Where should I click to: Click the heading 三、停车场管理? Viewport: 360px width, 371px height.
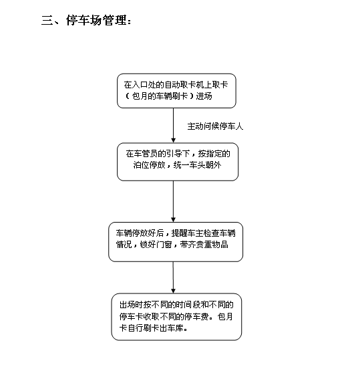86,20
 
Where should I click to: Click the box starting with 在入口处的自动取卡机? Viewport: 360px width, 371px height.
176,91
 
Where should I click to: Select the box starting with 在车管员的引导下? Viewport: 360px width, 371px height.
178,162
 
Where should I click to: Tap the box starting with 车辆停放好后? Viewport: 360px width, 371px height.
176,242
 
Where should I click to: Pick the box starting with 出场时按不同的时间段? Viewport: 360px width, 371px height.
176,317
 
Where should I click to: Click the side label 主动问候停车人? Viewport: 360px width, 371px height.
215,126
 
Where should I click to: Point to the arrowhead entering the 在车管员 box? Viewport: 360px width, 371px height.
173,140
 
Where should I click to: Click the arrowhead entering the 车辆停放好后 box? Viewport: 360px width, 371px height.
173,219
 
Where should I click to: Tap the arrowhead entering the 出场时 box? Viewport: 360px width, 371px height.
173,291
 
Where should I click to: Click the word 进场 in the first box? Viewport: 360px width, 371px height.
204,96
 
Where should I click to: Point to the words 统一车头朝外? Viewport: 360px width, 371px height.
198,165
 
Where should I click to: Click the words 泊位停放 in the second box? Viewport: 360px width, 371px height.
149,165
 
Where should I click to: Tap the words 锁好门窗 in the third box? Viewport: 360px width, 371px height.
156,244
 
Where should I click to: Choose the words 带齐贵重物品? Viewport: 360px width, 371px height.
204,244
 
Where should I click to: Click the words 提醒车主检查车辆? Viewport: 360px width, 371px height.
204,233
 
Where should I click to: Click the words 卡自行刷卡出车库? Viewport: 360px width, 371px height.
152,328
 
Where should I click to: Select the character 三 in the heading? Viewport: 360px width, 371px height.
47,20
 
